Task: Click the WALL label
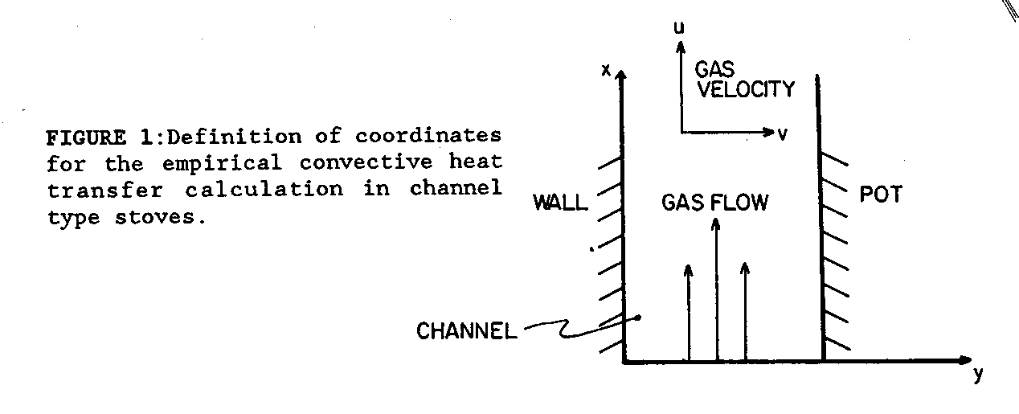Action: click(x=560, y=203)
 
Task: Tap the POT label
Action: click(x=881, y=195)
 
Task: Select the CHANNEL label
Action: click(x=467, y=331)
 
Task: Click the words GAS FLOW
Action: click(x=714, y=202)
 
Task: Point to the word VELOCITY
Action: click(x=745, y=88)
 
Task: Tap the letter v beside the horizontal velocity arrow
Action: click(x=782, y=134)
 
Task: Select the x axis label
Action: click(x=607, y=70)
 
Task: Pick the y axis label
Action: click(x=978, y=375)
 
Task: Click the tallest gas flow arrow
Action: click(x=715, y=289)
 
